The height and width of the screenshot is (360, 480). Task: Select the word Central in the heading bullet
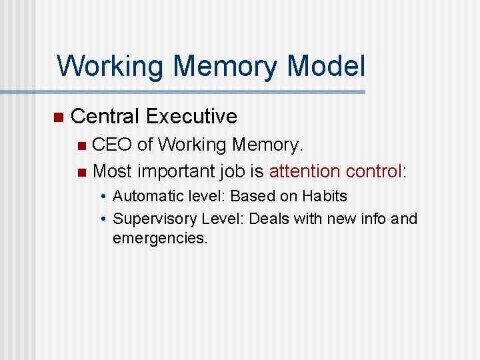click(105, 116)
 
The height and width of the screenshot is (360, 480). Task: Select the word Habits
click(325, 197)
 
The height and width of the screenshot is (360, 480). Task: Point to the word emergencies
click(161, 238)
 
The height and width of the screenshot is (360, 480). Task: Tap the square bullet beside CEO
click(81, 145)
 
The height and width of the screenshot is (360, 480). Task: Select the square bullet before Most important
click(81, 173)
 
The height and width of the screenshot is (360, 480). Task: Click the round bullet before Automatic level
click(104, 197)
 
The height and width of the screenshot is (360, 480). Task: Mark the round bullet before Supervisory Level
click(104, 219)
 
